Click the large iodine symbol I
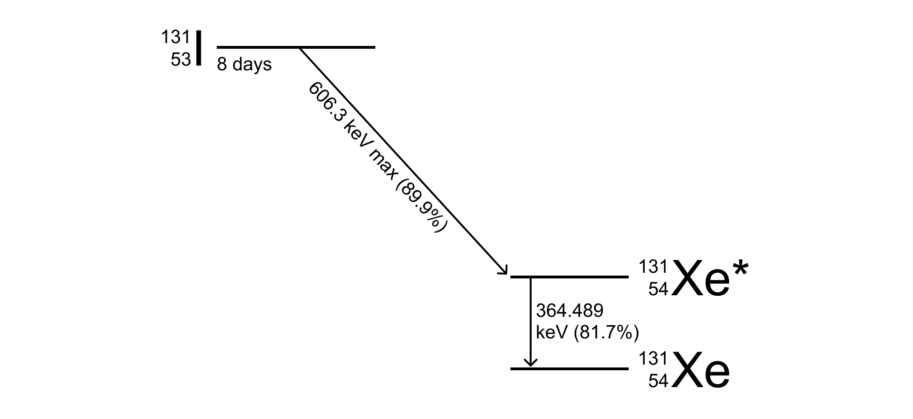click(199, 48)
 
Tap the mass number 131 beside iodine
click(175, 37)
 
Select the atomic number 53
click(181, 60)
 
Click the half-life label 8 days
click(244, 64)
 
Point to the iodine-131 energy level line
click(296, 47)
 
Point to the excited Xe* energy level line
click(569, 277)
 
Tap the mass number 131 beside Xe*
click(653, 266)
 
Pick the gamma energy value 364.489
click(569, 310)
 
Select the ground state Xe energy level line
click(569, 369)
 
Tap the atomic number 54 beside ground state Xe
click(658, 381)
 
